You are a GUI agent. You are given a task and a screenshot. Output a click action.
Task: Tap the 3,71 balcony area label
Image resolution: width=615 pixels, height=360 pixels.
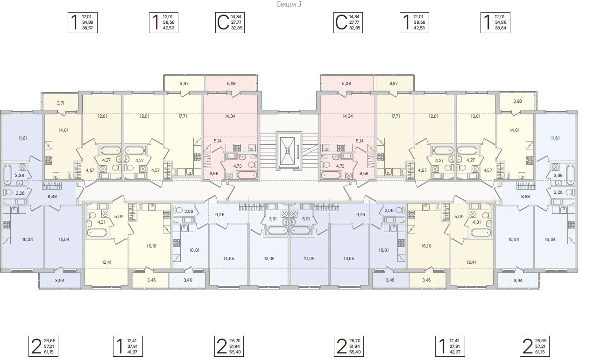60,103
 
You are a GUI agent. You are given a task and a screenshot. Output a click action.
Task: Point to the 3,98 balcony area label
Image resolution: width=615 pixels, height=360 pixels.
517,101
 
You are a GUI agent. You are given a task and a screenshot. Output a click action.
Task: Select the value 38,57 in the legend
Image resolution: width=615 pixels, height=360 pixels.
87,28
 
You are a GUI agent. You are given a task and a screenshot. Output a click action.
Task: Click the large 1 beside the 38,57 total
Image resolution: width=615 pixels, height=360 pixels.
74,22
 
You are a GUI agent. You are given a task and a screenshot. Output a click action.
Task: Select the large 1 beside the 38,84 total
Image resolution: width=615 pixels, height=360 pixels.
487,22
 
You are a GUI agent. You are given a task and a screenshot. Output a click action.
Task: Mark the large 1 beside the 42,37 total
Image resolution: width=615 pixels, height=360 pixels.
440,346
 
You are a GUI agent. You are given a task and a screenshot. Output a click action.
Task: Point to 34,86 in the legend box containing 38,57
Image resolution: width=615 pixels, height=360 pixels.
87,22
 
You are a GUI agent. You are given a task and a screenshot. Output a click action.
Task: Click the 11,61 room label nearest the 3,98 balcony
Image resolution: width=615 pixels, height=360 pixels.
555,138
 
